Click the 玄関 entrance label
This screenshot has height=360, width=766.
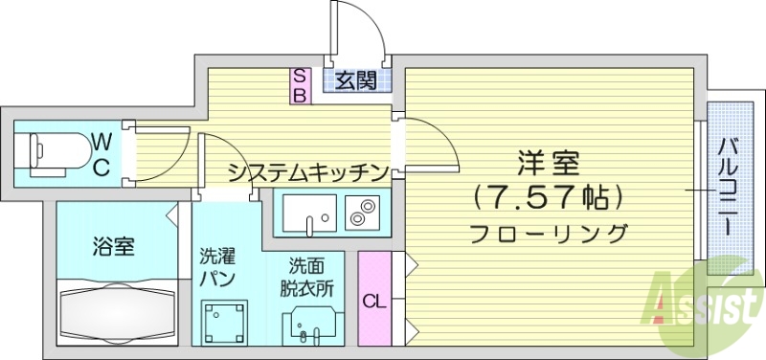[356, 80]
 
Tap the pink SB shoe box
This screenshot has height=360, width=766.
[299, 85]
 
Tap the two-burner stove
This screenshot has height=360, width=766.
[362, 213]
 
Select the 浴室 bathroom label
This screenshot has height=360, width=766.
[113, 246]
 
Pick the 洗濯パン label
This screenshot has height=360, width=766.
[216, 267]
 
